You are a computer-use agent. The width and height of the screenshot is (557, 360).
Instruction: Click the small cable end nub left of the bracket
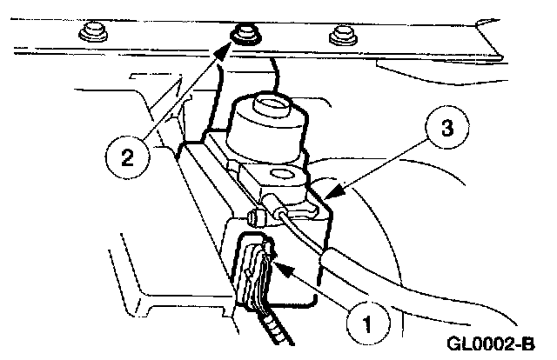(254, 216)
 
